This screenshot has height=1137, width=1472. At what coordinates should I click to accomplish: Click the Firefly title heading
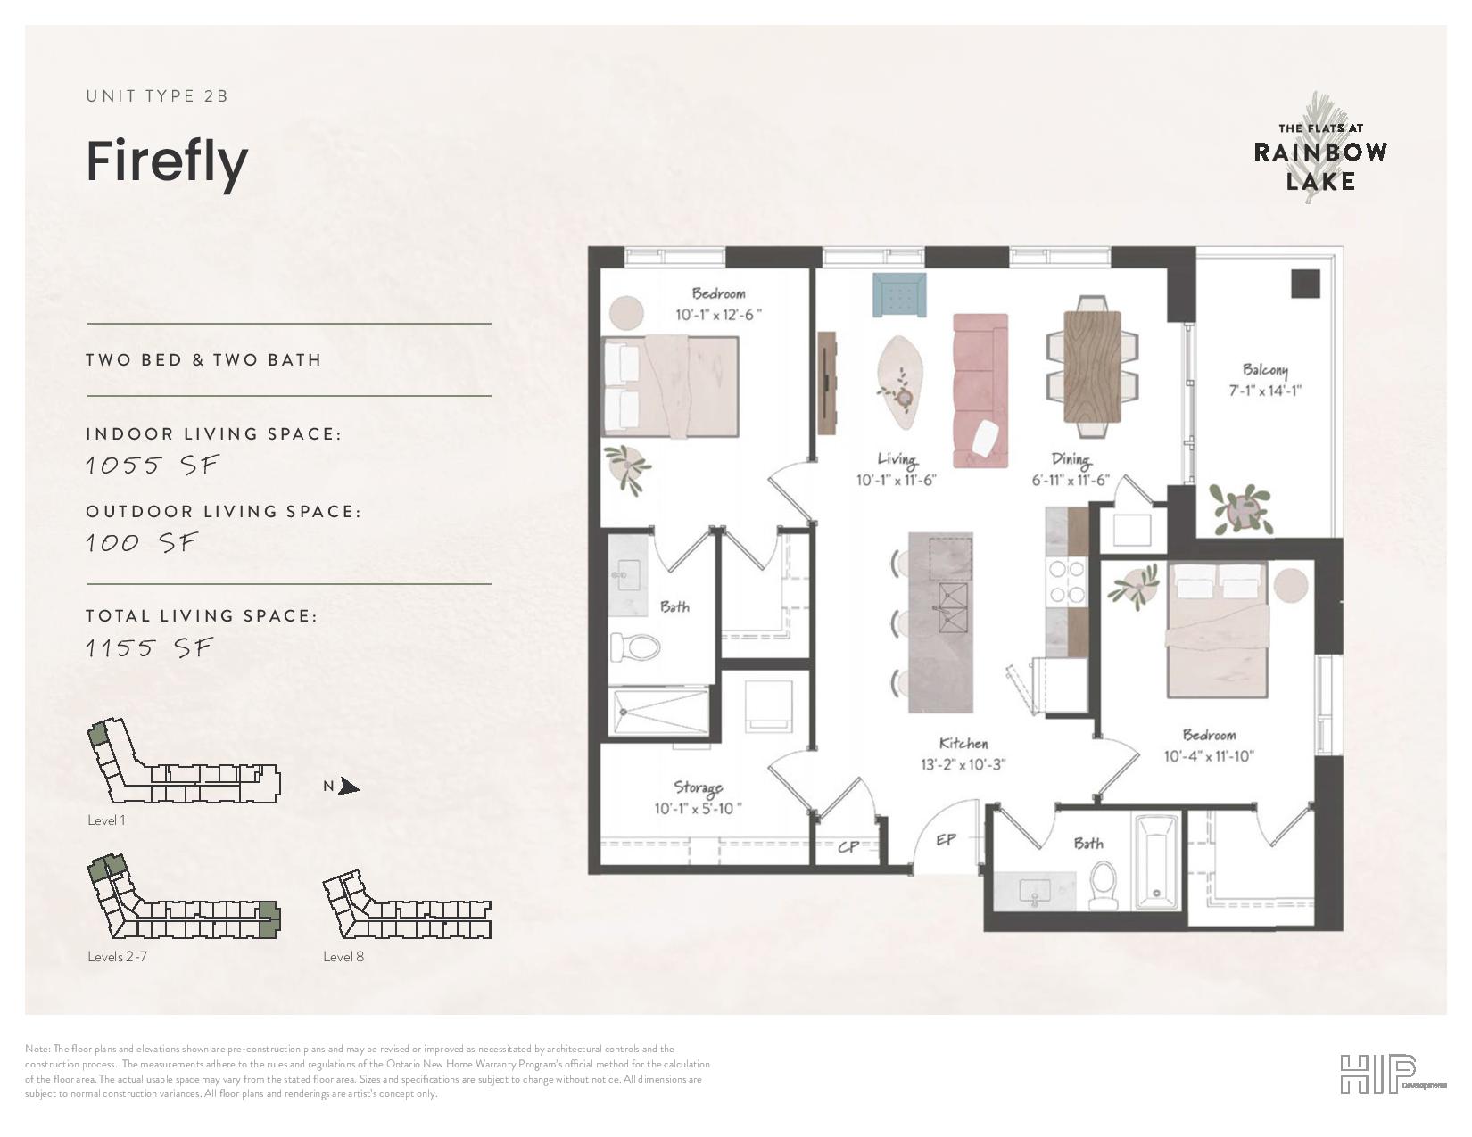tap(168, 163)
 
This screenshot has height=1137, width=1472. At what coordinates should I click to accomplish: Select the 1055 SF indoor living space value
tap(153, 466)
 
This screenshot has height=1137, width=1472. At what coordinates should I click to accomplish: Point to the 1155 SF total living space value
tap(150, 648)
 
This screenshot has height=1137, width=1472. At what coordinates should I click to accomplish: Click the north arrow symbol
tap(349, 787)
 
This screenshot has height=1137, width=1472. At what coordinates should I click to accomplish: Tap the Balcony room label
tap(1265, 370)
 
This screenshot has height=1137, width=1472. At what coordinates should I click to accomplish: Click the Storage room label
tap(698, 787)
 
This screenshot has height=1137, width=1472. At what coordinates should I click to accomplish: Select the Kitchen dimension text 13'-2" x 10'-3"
tap(963, 764)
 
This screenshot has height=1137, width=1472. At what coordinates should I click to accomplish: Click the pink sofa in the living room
tap(980, 391)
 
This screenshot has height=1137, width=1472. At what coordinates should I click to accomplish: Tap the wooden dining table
tap(1092, 366)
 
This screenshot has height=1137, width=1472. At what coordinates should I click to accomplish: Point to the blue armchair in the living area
tap(899, 295)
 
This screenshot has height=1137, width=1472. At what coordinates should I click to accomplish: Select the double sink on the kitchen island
tap(953, 607)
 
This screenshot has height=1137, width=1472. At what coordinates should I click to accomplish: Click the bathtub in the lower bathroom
tap(1156, 861)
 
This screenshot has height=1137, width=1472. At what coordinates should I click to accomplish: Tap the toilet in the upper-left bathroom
tap(634, 647)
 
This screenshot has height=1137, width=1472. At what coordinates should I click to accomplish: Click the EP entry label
tap(946, 840)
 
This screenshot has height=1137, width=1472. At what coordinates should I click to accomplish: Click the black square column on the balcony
tap(1305, 284)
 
